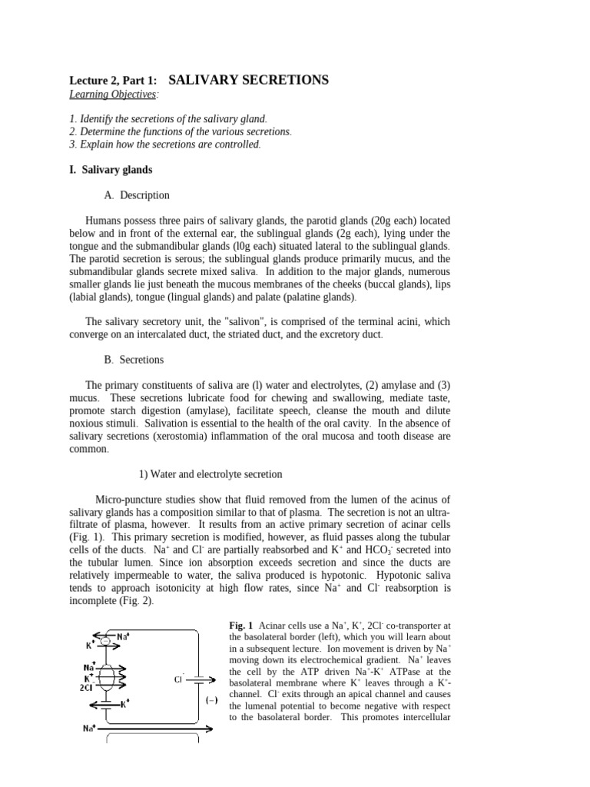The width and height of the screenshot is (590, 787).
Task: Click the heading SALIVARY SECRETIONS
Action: [x=247, y=80]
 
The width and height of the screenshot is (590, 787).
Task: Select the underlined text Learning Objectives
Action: [x=114, y=94]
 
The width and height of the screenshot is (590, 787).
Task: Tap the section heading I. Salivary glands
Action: [x=111, y=169]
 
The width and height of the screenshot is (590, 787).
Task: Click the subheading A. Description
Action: [x=135, y=195]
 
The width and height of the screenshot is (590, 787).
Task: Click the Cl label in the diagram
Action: [x=178, y=679]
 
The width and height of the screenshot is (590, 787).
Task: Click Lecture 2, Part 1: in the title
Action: [x=114, y=81]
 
